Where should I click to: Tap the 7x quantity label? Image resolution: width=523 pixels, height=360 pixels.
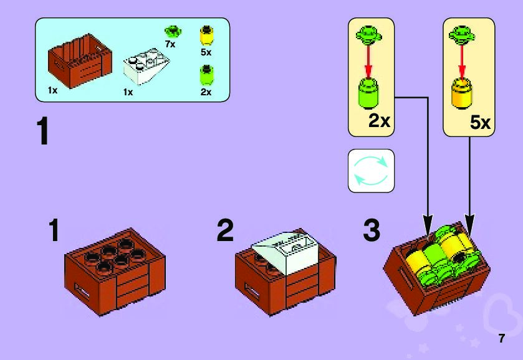(x=170, y=45)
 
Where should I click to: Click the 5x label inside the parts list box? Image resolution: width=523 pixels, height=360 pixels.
(x=206, y=52)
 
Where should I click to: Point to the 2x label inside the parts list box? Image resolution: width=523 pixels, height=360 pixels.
(x=206, y=92)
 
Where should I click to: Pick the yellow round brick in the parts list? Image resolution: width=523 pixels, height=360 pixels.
(x=206, y=35)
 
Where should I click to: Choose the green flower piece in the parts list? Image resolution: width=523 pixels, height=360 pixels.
(x=171, y=31)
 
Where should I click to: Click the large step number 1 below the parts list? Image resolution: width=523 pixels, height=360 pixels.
(x=42, y=131)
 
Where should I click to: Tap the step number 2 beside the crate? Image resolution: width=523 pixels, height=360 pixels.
(x=225, y=232)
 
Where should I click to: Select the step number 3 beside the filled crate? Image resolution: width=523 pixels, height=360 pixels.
(x=372, y=232)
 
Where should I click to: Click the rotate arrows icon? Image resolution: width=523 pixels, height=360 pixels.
(x=371, y=170)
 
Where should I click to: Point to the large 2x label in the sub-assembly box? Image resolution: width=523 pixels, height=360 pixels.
(x=379, y=121)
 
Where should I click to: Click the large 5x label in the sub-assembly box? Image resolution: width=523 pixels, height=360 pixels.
(x=480, y=123)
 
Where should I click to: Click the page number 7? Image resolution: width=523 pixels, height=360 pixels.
(x=501, y=339)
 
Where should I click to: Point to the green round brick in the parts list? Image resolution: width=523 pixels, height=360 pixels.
(x=206, y=76)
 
